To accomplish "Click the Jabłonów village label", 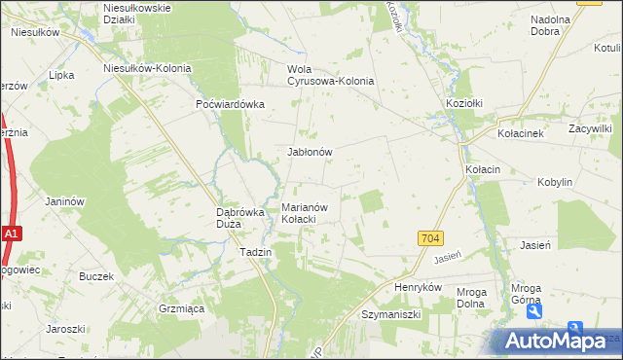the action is point(311,152).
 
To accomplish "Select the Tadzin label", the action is point(255,251).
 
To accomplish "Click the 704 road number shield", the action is point(430,238).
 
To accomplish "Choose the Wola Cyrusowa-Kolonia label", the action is point(330,75).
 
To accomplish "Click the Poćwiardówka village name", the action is point(231,104).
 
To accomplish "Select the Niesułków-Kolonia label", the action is point(148,68).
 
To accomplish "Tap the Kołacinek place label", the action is point(527,133).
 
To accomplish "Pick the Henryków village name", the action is point(419,288).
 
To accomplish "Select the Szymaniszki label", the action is point(390,315).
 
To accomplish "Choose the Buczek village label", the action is point(97,276).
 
